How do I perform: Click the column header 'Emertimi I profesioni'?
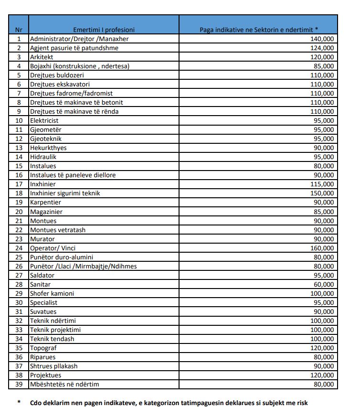104,29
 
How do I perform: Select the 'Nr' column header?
19,29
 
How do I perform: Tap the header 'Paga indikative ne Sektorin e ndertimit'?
258,29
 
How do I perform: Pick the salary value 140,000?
323,39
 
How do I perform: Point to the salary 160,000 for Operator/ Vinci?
323,248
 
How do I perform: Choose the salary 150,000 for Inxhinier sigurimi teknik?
323,193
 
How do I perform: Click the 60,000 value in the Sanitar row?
325,284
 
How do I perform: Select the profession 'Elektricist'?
44,120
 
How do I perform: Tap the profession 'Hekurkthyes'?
48,148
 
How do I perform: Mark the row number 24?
19,248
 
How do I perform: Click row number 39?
19,384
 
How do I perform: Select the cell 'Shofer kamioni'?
52,293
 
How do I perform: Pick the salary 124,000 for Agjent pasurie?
323,48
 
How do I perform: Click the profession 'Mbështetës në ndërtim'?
64,384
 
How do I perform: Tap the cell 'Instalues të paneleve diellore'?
73,175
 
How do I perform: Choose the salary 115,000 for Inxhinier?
323,184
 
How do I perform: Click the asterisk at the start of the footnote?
19,402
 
